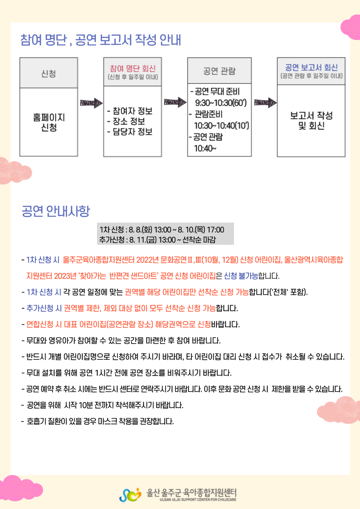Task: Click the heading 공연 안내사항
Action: [55, 211]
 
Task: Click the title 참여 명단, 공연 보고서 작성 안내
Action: [101, 40]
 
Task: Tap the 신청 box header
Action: [49, 73]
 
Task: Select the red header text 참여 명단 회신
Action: [132, 68]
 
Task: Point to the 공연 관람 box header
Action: [219, 71]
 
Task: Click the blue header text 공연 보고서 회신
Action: [311, 67]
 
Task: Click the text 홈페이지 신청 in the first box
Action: [49, 122]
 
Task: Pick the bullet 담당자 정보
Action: [130, 132]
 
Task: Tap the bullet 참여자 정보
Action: [130, 111]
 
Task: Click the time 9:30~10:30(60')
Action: [221, 103]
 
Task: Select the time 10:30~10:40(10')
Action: [221, 126]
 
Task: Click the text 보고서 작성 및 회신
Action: [311, 121]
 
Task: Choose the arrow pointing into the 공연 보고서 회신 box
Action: [265, 103]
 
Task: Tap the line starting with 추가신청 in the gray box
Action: [157, 240]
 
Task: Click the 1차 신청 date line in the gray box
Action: [162, 230]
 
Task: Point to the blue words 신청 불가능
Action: [241, 276]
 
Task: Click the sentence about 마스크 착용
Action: [97, 422]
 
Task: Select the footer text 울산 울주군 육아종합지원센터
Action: [191, 493]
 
